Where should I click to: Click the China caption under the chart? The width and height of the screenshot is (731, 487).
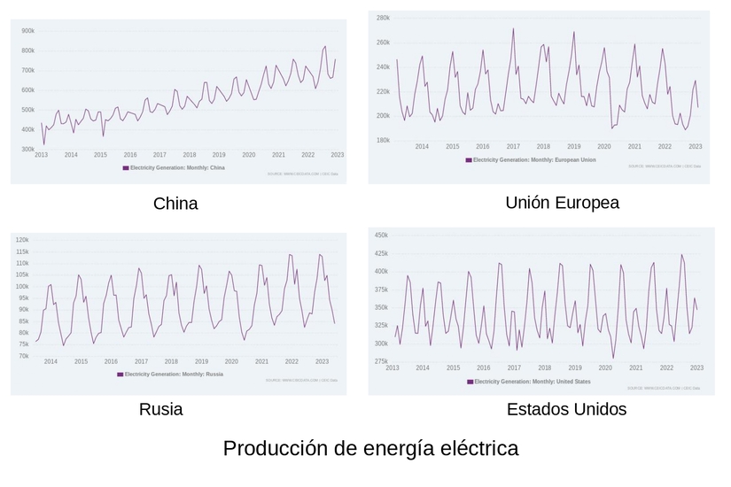pos(175,204)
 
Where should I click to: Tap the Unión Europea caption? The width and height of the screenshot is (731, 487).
pos(562,203)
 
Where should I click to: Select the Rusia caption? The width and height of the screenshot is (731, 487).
pos(161,409)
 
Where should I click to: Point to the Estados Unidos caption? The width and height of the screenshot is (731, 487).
pos(566,409)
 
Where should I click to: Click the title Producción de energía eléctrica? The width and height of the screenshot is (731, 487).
pos(370,448)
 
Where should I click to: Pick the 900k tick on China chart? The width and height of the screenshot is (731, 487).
pos(27,30)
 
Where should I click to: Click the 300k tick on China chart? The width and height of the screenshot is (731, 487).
pos(27,150)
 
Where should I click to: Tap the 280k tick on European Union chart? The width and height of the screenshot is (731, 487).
pos(383,18)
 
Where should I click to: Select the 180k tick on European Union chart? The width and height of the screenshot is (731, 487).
pos(383,140)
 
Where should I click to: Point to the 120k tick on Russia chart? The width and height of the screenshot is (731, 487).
pos(22,240)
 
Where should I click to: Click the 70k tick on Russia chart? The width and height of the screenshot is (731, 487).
pos(24,356)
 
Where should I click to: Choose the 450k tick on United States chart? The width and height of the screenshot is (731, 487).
pos(381,236)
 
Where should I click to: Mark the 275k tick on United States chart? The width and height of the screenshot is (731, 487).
pos(381,361)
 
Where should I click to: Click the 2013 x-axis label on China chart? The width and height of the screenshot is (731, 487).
pos(42,155)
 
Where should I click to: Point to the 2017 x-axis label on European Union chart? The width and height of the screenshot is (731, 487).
pos(513,146)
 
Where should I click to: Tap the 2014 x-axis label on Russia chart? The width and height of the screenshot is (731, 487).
pos(51,361)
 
